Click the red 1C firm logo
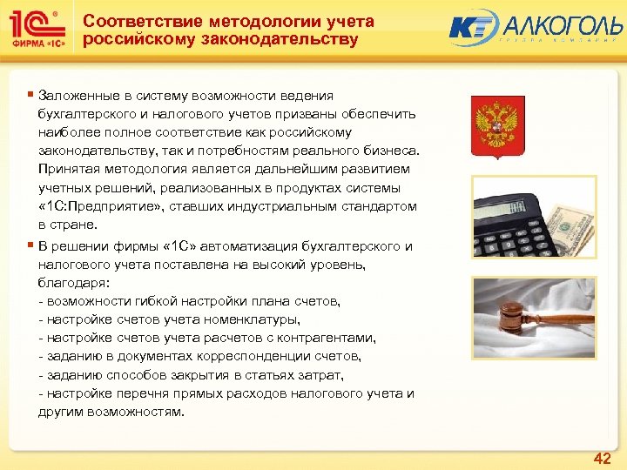tap(37, 30)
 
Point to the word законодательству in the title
tap(285, 40)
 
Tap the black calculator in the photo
tap(513, 209)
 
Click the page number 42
tap(602, 458)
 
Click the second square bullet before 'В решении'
tap(30, 245)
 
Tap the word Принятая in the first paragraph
tap(67, 169)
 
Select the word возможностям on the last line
tap(141, 411)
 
